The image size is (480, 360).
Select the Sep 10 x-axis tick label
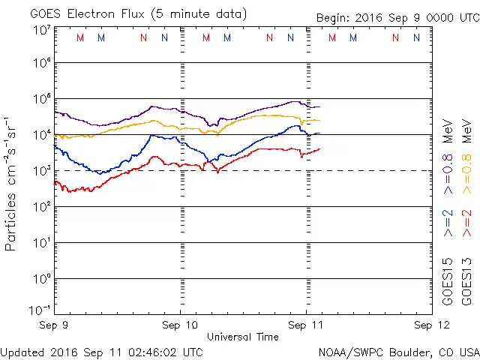coord(180,325)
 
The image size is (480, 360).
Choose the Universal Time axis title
coord(242,337)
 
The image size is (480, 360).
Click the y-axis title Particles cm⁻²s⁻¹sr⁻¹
coord(12,184)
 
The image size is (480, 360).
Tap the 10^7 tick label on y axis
coord(40,30)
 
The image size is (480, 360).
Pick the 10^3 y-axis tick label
coord(40,170)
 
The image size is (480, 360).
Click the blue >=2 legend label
coord(447,224)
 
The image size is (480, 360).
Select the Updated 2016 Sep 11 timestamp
coord(101,351)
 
